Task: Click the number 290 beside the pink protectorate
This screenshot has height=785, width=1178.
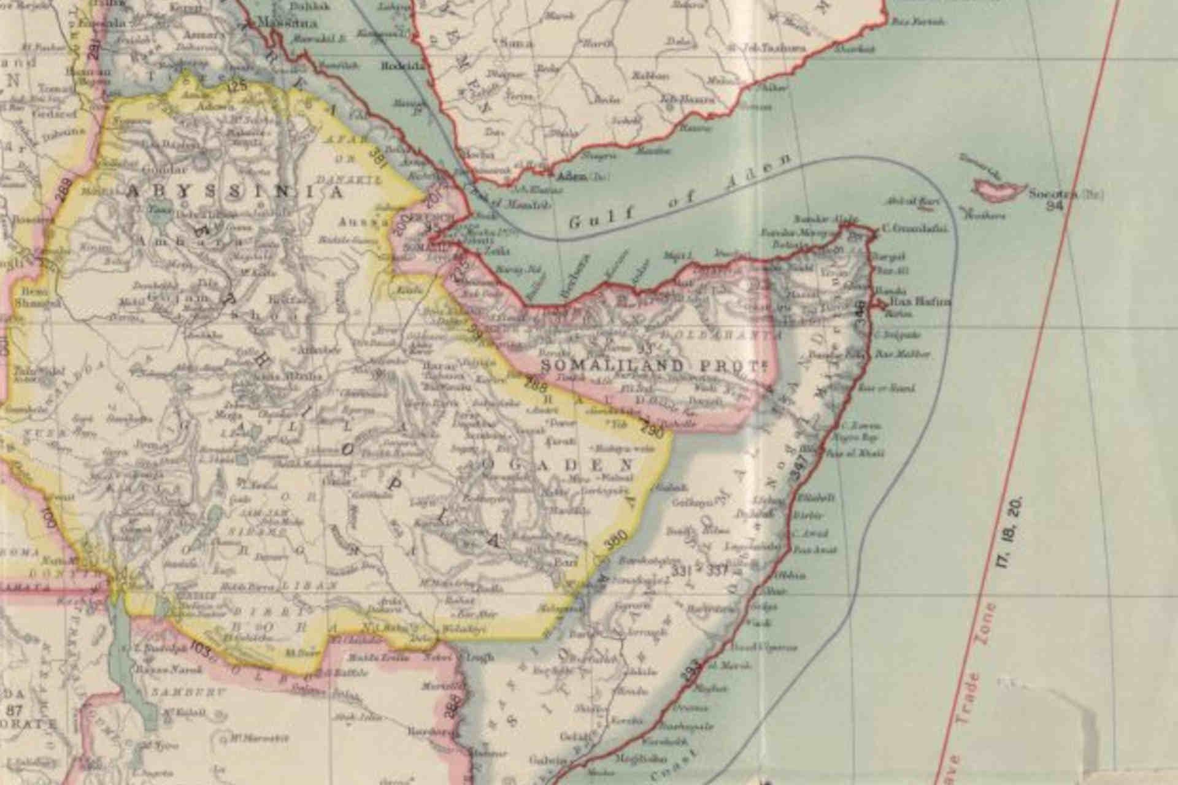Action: pyautogui.click(x=653, y=429)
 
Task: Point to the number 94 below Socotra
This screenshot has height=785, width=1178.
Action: pyautogui.click(x=1054, y=206)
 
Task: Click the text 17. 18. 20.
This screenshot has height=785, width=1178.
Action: pyautogui.click(x=1011, y=532)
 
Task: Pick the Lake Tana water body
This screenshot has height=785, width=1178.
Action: pyautogui.click(x=154, y=216)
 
